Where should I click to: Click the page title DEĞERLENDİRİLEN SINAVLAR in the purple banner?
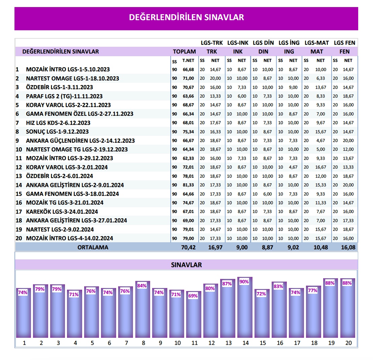pos(186,17)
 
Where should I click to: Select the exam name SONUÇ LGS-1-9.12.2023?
pos(57,132)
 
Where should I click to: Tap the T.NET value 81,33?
pos(188,185)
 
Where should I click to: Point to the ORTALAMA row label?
pos(93,247)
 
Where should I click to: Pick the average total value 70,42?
pos(189,247)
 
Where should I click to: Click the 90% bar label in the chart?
pos(245,282)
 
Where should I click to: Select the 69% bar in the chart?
pos(194,315)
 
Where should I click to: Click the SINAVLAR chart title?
pos(186,265)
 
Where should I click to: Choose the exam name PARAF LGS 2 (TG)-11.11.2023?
pos(64,96)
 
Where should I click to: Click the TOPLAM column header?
pos(184,51)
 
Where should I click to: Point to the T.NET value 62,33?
pos(188,158)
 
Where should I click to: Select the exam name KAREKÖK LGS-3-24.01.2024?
pos(62,212)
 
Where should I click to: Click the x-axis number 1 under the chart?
pos(24,343)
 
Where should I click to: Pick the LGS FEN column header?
pos(344,43)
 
